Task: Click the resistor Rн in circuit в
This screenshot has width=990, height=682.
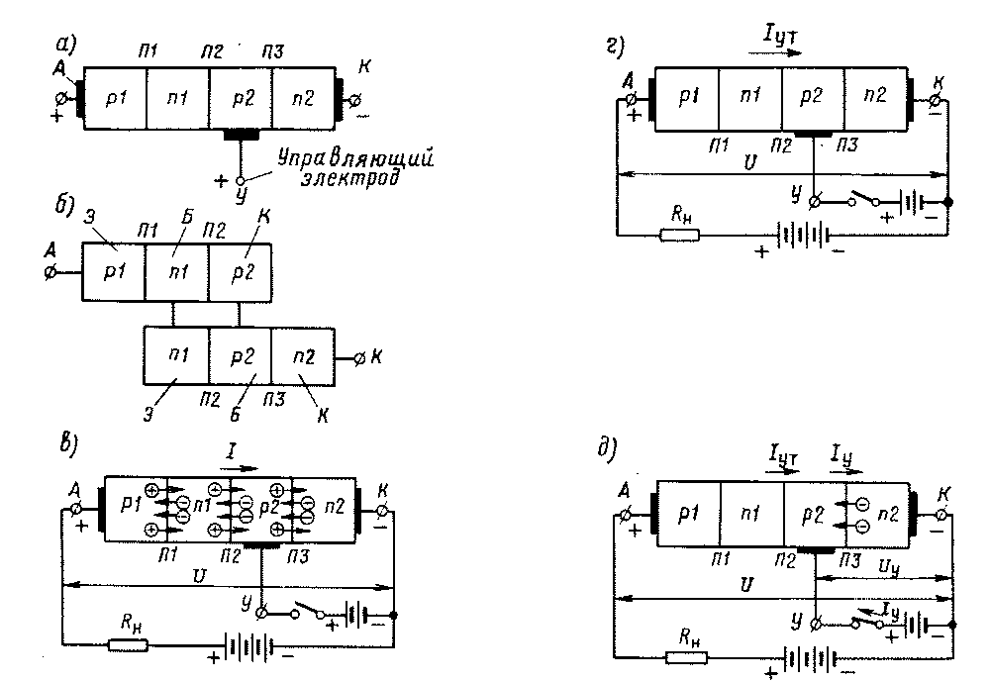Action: click(128, 645)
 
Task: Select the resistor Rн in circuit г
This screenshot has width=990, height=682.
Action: click(679, 235)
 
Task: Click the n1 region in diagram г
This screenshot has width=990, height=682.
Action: click(749, 95)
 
